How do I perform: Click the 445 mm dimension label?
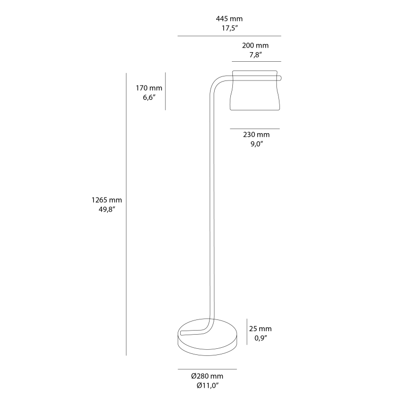tap(229, 19)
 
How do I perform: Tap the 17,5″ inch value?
tap(229, 28)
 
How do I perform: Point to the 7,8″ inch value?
tap(255, 54)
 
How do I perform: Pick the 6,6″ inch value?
tap(148, 98)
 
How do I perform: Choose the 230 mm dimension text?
tap(256, 135)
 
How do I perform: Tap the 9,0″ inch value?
tap(256, 144)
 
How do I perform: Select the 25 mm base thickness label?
tap(261, 329)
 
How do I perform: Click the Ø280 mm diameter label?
tap(207, 376)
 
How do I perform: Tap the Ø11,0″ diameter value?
tap(207, 386)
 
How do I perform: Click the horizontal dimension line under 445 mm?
tap(229, 36)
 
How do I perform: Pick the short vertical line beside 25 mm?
tap(247, 332)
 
